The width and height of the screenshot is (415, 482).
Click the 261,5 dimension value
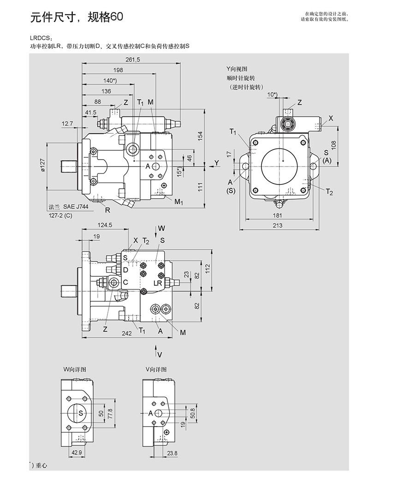pos(133,59)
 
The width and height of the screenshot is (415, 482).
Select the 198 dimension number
pos(118,70)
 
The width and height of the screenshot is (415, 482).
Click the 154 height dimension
pos(200,136)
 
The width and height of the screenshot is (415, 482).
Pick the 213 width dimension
pos(277,225)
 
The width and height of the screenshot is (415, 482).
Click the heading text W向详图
pos(75,369)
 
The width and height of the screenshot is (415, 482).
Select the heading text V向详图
pos(155,369)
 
